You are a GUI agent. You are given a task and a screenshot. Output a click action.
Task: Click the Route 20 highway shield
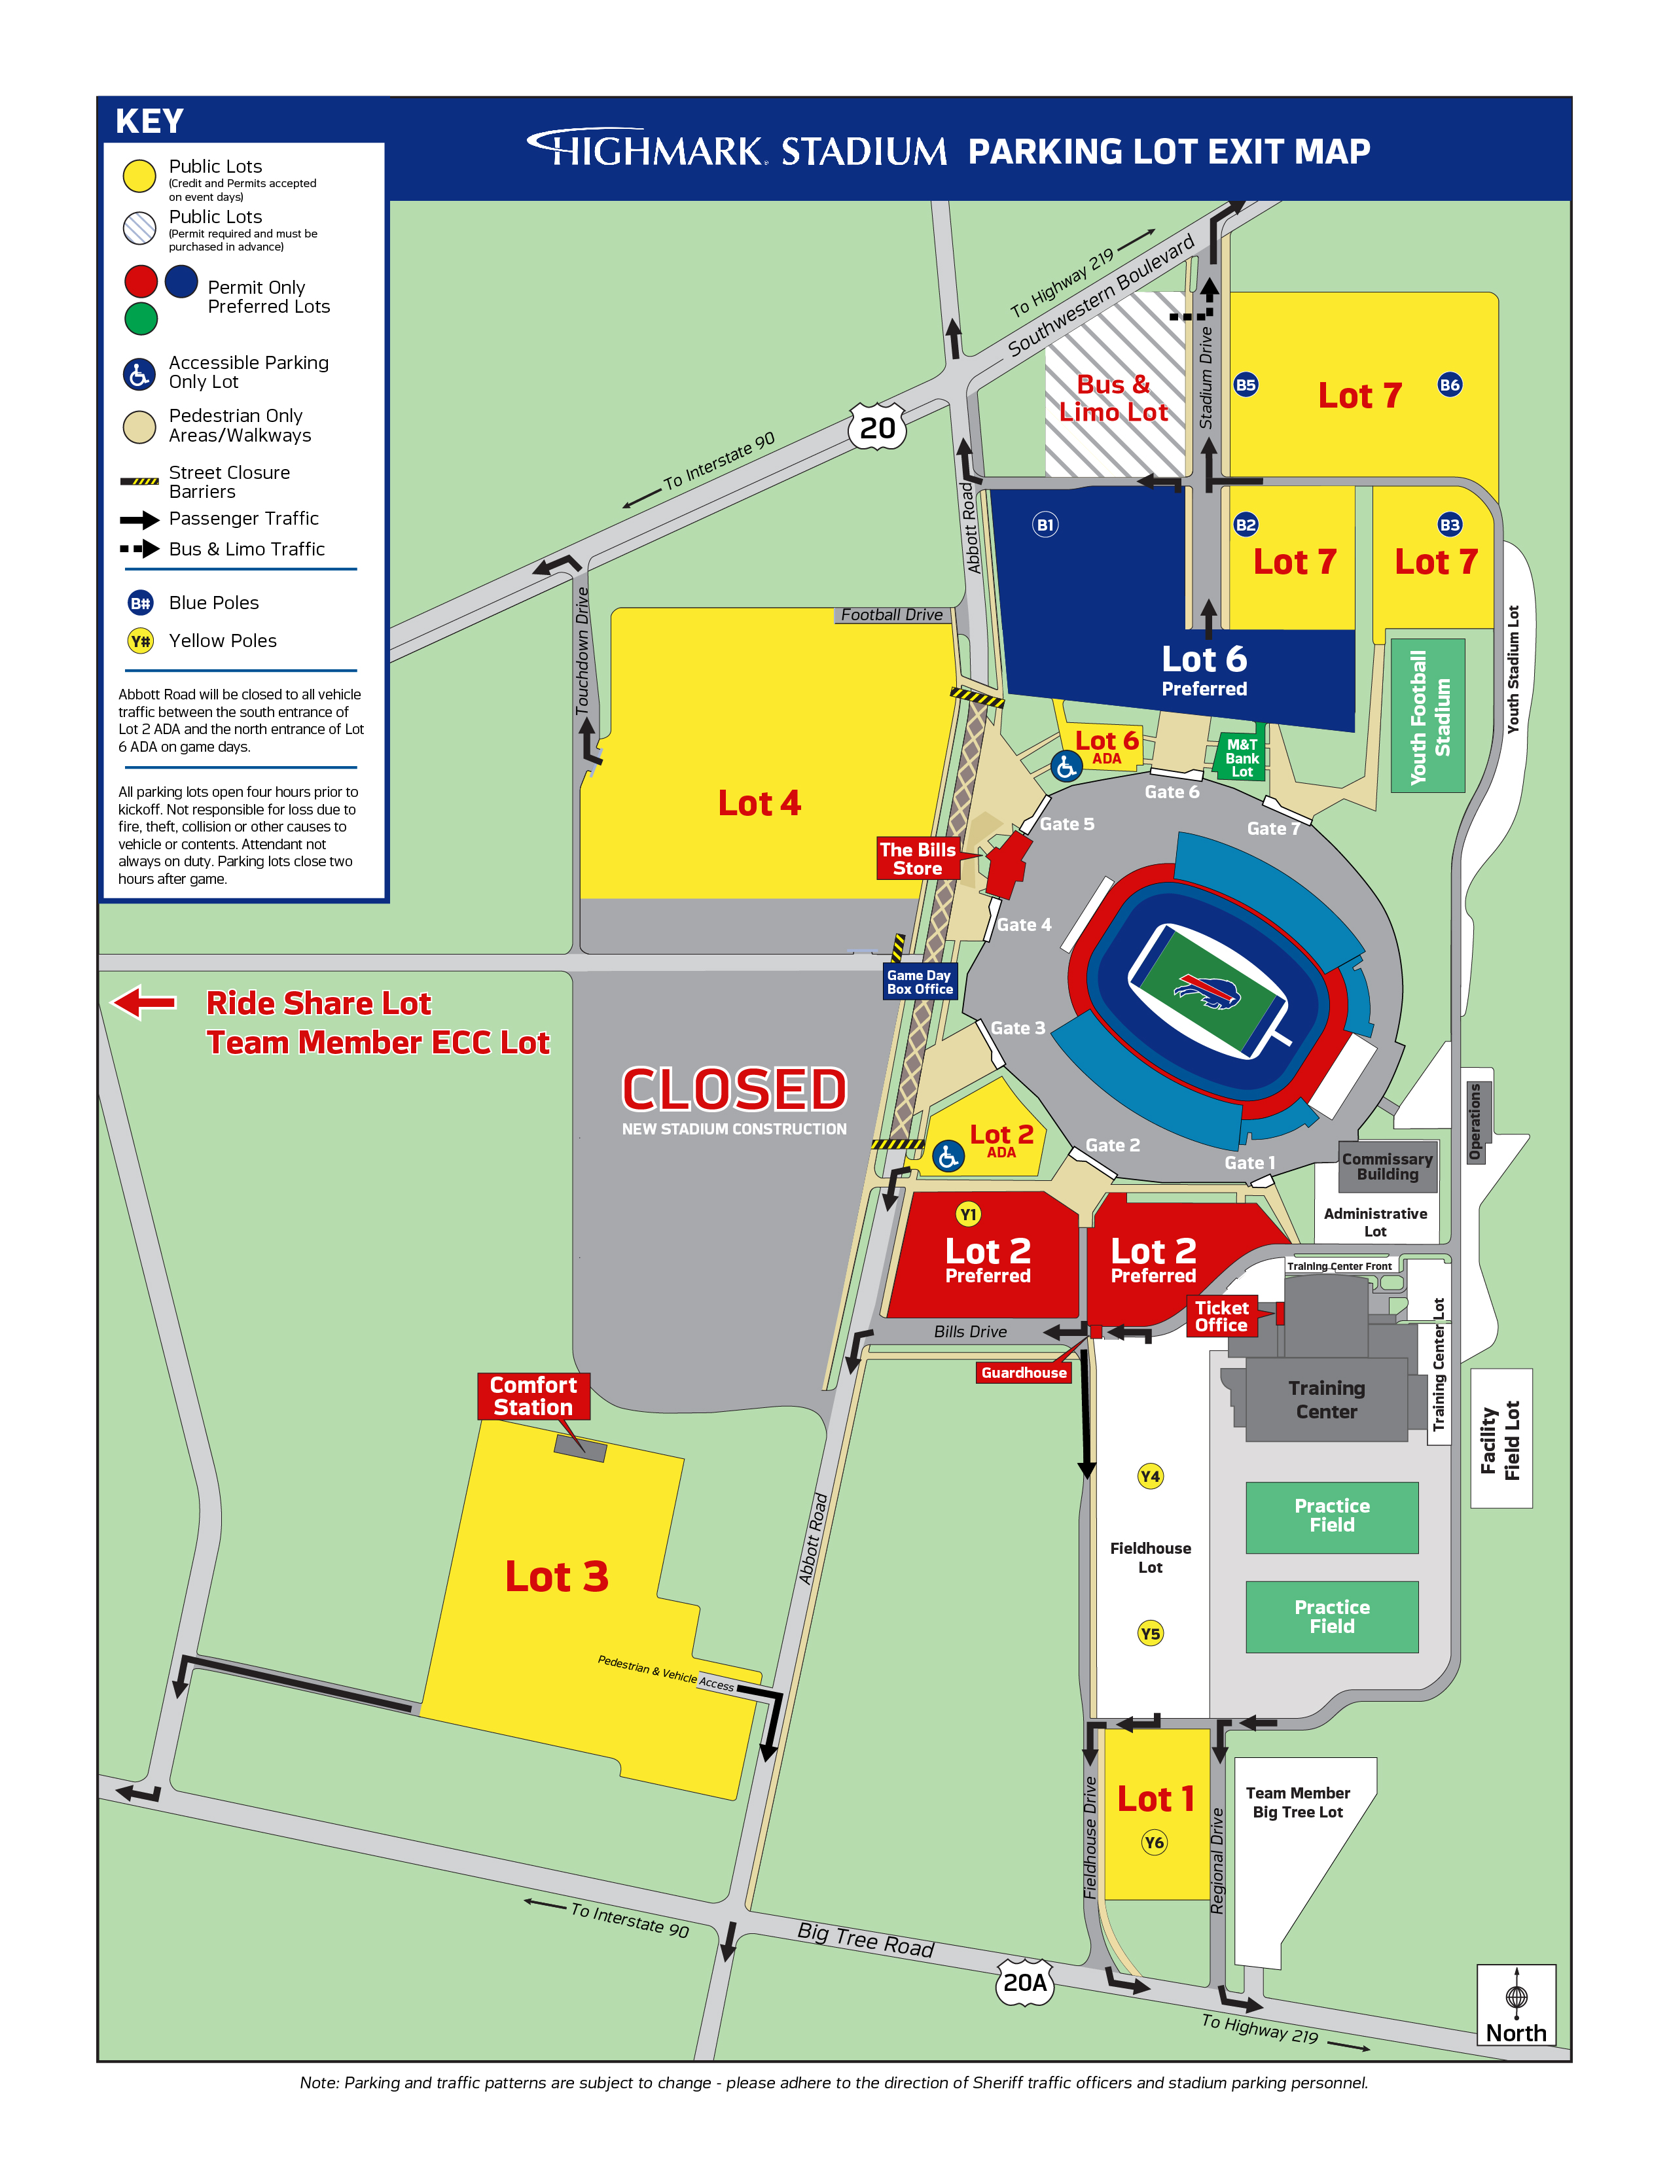click(x=877, y=427)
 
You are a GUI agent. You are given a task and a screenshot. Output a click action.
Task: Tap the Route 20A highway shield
click(x=1024, y=1982)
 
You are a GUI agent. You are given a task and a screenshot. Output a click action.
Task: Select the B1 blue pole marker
click(x=1045, y=525)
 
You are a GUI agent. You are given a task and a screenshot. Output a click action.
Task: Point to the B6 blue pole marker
click(x=1450, y=385)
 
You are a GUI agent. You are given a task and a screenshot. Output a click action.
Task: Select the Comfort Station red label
click(x=533, y=1396)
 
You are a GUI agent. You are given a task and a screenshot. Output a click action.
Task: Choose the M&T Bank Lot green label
click(x=1242, y=758)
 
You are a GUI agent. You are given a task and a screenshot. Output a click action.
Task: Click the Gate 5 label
click(x=1067, y=824)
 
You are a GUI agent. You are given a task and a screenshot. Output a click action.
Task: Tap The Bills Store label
click(x=918, y=858)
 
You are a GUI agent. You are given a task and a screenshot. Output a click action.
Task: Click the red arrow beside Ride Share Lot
click(x=145, y=1002)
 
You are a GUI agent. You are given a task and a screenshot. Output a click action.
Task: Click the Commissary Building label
click(x=1387, y=1167)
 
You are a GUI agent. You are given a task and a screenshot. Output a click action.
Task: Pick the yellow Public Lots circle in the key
click(x=139, y=176)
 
